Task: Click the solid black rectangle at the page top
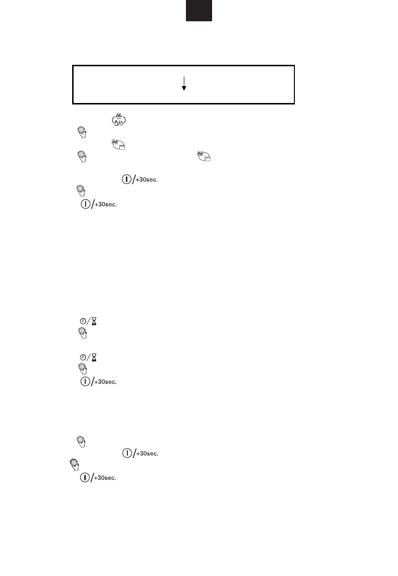199,11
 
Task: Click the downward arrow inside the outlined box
184,83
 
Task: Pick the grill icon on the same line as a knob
203,156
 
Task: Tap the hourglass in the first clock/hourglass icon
93,321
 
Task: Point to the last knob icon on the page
75,464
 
